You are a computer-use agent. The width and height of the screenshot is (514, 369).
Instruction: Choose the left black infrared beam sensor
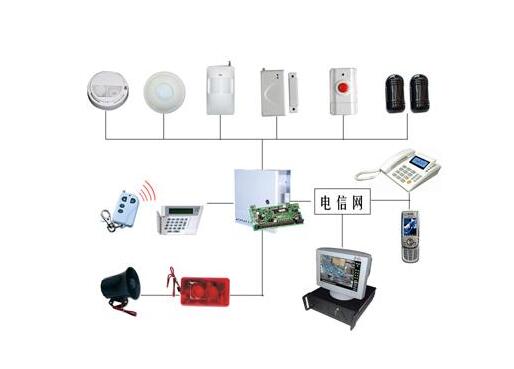coord(393,92)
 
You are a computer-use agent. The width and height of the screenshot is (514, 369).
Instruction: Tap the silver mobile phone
coord(410,236)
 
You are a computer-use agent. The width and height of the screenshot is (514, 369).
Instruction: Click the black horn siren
coord(119,287)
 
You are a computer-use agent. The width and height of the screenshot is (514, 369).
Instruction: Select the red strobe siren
coord(204,288)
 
